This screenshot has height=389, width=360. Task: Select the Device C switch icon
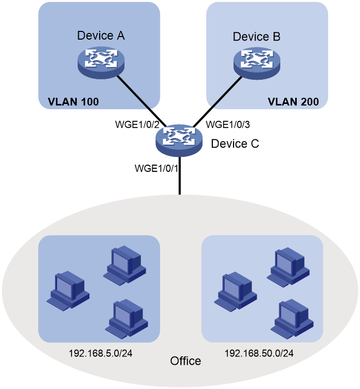pyautogui.click(x=179, y=140)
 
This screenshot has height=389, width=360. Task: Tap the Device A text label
pyautogui.click(x=101, y=36)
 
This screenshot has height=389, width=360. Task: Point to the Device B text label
pyautogui.click(x=257, y=37)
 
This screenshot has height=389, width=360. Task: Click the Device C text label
pyautogui.click(x=235, y=144)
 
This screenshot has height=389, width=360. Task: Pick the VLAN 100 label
pyautogui.click(x=73, y=102)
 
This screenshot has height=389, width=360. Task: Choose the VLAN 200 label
pyautogui.click(x=293, y=102)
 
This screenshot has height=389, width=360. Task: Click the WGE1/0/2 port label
pyautogui.click(x=137, y=125)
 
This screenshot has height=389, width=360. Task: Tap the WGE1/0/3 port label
pyautogui.click(x=228, y=125)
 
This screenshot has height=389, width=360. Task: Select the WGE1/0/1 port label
pyautogui.click(x=156, y=168)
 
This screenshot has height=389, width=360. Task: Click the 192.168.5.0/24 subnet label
pyautogui.click(x=100, y=353)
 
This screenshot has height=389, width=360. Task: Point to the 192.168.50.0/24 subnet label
pyautogui.click(x=259, y=353)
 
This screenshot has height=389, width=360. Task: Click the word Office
pyautogui.click(x=186, y=361)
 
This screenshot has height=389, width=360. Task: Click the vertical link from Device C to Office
pyautogui.click(x=180, y=175)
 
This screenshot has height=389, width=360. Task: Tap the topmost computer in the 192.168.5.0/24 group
pyautogui.click(x=124, y=264)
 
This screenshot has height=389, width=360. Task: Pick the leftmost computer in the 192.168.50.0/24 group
pyautogui.click(x=236, y=291)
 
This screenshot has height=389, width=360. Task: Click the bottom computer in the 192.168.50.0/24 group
pyautogui.click(x=292, y=319)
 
